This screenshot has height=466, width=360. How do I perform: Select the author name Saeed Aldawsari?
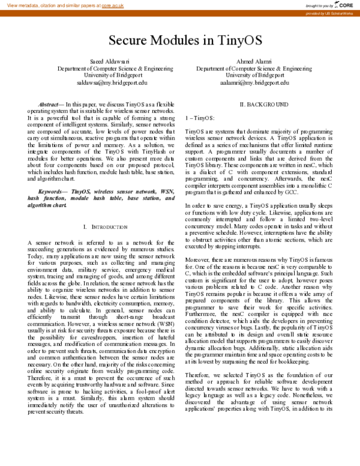click(x=104, y=61)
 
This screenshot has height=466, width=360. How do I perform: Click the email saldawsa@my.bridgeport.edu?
click(x=104, y=83)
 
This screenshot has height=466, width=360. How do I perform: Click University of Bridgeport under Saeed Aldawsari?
click(x=104, y=76)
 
